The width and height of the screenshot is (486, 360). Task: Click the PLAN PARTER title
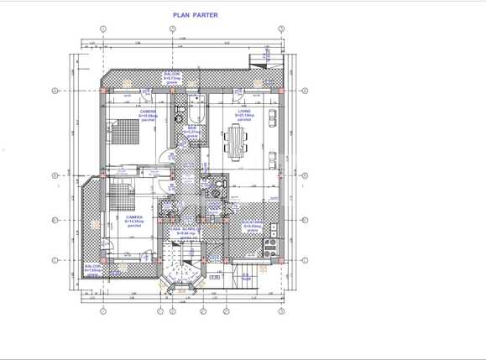tap(195, 14)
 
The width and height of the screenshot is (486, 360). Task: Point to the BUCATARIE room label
tap(252, 225)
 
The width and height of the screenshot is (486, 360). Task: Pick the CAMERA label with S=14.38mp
tap(133, 220)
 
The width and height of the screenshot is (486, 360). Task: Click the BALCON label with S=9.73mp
tap(172, 76)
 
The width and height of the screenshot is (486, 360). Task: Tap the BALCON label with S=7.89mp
tap(92, 269)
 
